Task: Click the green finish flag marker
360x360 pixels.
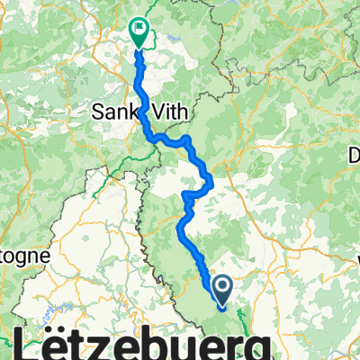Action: click(x=139, y=33)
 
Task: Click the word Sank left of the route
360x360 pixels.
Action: click(x=117, y=112)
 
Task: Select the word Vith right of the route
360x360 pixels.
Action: click(x=165, y=112)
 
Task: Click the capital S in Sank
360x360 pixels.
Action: click(x=100, y=112)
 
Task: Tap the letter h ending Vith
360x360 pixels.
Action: click(x=176, y=112)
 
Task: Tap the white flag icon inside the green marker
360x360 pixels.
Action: click(x=139, y=29)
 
